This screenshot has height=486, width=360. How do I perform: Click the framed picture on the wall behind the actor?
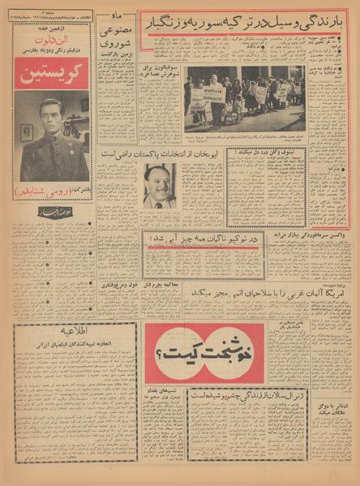coord(28,131)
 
